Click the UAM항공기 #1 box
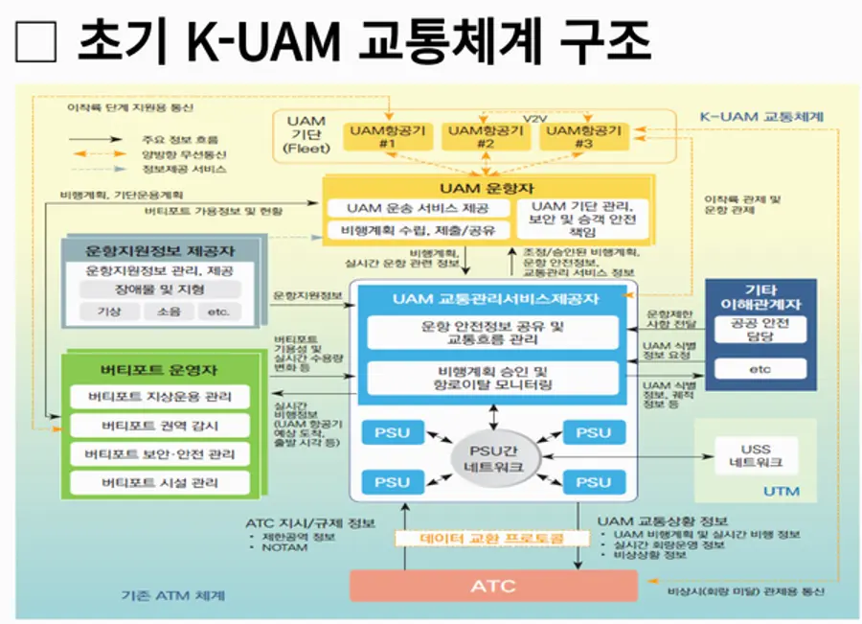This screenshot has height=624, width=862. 388,136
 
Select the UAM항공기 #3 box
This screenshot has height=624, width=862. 580,136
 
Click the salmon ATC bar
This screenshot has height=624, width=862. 492,586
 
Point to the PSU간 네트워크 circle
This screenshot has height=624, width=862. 494,452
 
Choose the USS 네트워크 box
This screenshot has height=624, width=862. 755,455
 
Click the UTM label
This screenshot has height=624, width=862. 783,492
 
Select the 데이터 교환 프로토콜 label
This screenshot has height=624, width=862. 492,539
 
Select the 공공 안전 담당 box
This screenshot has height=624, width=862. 760,329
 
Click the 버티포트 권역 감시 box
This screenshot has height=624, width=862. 160,426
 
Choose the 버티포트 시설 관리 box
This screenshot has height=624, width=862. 160,482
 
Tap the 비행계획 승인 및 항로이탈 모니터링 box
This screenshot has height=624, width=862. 492,377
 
